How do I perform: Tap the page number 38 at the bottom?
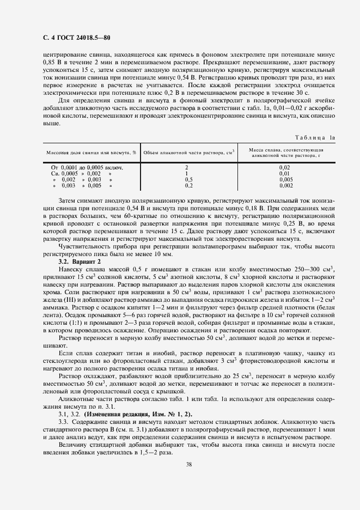pyautogui.click(x=187, y=464)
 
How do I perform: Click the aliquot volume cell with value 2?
pyautogui.click(x=187, y=167)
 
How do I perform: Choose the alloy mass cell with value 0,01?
pyautogui.click(x=284, y=173)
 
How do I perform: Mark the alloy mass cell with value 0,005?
pyautogui.click(x=285, y=179)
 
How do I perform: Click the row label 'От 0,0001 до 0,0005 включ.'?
pyautogui.click(x=87, y=167)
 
